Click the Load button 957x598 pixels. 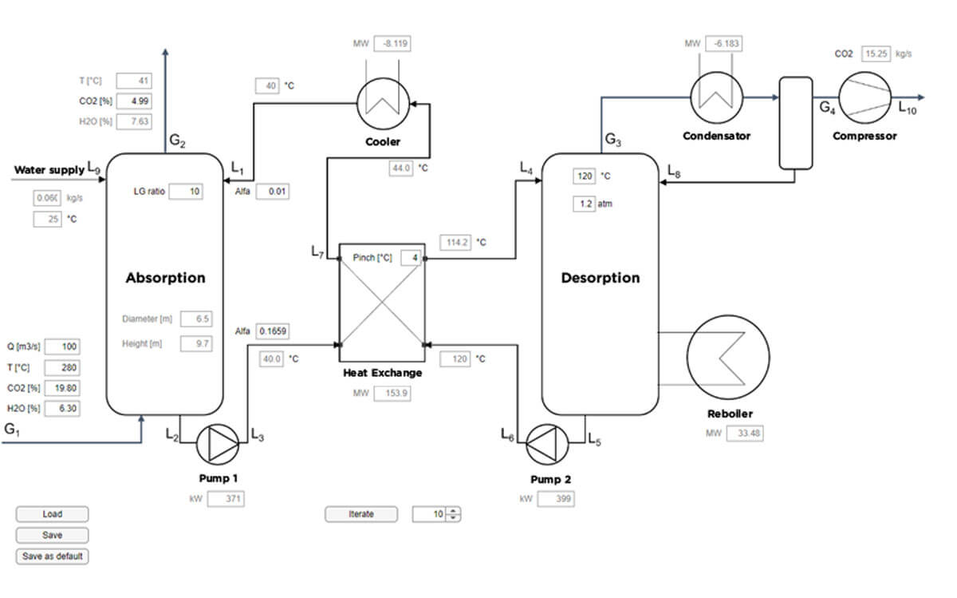pos(52,514)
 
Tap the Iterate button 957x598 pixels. pos(361,514)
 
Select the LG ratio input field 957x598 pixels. pos(186,191)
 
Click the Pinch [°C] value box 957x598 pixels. pos(411,258)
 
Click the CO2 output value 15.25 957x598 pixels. pos(876,54)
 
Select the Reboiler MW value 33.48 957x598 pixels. pos(745,434)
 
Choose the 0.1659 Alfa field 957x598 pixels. pos(273,331)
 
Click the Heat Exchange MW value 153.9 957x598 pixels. pos(392,393)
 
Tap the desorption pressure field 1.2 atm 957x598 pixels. pos(584,204)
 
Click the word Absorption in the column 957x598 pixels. pos(165,278)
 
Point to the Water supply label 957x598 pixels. pos(49,170)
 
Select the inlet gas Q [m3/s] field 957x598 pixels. pos(62,347)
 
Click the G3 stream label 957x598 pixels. pos(613,140)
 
